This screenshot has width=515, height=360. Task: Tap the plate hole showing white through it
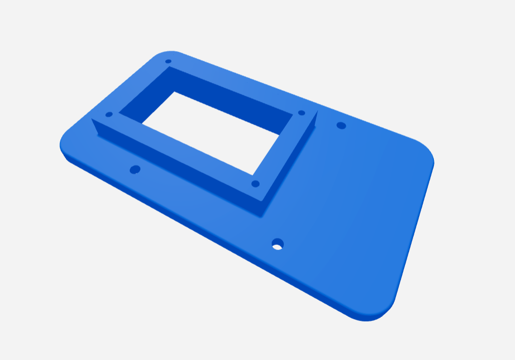tap(277, 244)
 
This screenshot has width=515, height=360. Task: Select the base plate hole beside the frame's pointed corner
tap(341, 125)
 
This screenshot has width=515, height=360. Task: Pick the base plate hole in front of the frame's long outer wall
tap(135, 169)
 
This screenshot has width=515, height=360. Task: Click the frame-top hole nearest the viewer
tap(255, 184)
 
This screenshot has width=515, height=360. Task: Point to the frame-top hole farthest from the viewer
tap(168, 61)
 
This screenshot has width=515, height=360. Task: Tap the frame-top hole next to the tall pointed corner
tap(301, 113)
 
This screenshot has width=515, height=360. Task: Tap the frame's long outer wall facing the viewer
tap(177, 167)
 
